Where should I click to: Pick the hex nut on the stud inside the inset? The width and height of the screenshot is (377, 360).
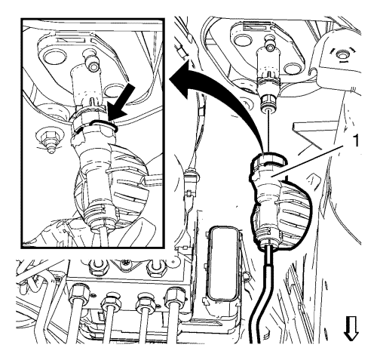pyautogui.click(x=48, y=137)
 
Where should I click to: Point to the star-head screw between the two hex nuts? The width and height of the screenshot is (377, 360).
pyautogui.click(x=125, y=264)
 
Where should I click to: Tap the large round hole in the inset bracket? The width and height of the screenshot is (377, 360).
pyautogui.click(x=54, y=56)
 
